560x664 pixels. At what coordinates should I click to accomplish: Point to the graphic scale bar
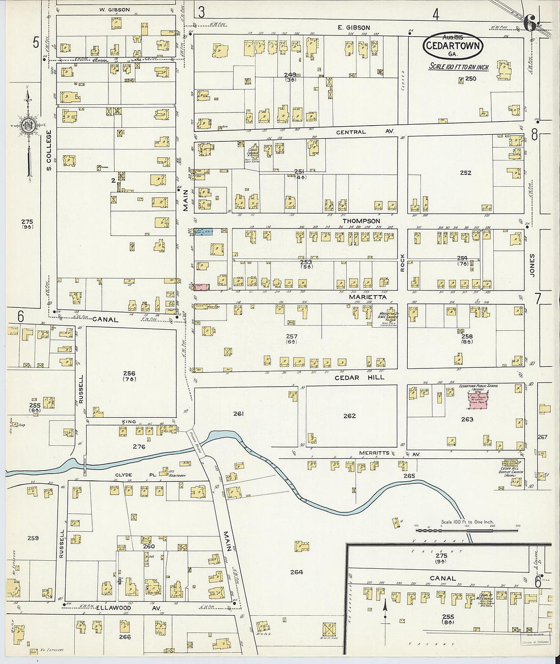(466, 530)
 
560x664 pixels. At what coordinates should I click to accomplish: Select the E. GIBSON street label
(353, 27)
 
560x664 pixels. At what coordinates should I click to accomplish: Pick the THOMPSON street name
(361, 221)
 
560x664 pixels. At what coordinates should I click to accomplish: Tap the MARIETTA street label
(368, 297)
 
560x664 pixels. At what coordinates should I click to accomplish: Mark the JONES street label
(532, 265)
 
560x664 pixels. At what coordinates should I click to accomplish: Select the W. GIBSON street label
(115, 10)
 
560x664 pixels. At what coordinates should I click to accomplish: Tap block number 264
(296, 572)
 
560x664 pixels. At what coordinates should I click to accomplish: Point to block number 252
(465, 173)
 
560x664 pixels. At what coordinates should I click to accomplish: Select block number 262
(349, 416)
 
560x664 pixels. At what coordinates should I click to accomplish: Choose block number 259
(33, 538)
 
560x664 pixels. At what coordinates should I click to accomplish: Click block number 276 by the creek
(138, 447)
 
